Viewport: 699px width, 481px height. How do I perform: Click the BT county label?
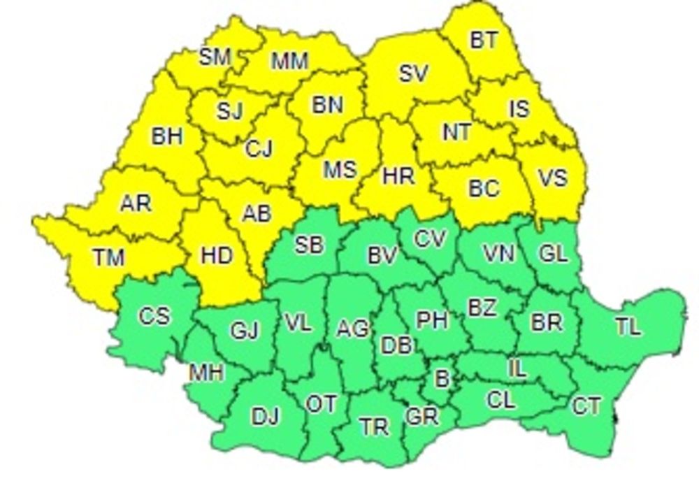(x=484, y=41)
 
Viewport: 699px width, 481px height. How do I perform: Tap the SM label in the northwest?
(x=215, y=57)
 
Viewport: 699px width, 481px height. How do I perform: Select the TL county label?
(x=628, y=326)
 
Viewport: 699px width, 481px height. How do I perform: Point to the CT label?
(x=586, y=405)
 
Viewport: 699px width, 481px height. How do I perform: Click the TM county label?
(x=108, y=257)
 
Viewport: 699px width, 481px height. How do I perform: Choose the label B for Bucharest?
(x=441, y=378)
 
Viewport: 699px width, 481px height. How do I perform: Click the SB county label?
(x=309, y=245)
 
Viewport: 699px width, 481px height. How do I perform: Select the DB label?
(x=398, y=345)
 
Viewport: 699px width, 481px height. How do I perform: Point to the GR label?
(x=421, y=417)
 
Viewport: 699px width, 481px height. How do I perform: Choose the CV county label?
(x=429, y=239)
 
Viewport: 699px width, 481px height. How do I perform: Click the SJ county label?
(x=229, y=111)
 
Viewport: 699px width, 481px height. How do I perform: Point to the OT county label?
(x=322, y=404)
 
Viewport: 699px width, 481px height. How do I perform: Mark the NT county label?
(x=456, y=132)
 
